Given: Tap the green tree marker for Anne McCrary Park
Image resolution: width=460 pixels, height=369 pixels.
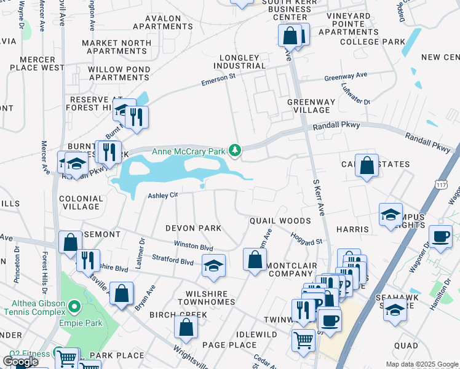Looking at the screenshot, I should pos(234,150).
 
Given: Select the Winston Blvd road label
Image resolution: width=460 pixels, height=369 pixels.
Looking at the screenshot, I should pos(194,245).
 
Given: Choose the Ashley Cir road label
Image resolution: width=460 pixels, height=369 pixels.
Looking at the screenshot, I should pos(163,196).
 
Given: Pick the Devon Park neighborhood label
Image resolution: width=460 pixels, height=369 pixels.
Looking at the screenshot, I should pos(193,228).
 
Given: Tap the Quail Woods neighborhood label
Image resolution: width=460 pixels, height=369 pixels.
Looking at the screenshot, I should pos(280,221).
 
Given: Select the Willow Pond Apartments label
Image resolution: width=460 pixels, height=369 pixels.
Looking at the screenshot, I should pos(119,73).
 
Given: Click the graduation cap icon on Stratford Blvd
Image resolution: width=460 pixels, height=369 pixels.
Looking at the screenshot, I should pos(213,265).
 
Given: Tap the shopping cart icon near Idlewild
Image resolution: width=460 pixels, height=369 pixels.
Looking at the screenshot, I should pos(303,339).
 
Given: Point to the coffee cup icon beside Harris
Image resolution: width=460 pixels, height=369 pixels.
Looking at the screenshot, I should pos(440,237).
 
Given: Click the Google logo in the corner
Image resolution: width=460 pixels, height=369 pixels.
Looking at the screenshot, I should pos(20,362).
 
